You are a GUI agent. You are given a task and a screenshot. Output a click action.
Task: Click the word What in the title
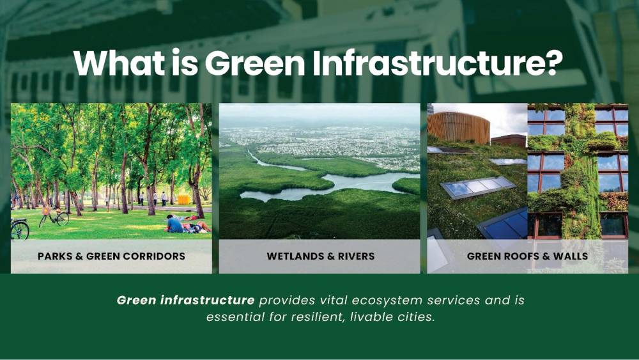click(x=120, y=63)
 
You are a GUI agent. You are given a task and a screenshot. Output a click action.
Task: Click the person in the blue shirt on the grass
click(x=174, y=224)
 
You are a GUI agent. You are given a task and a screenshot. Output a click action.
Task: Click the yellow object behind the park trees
click(x=184, y=200)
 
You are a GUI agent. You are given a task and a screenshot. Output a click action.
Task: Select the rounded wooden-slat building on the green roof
click(x=458, y=128)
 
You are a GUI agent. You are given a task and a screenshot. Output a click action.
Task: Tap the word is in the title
click(x=185, y=63)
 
